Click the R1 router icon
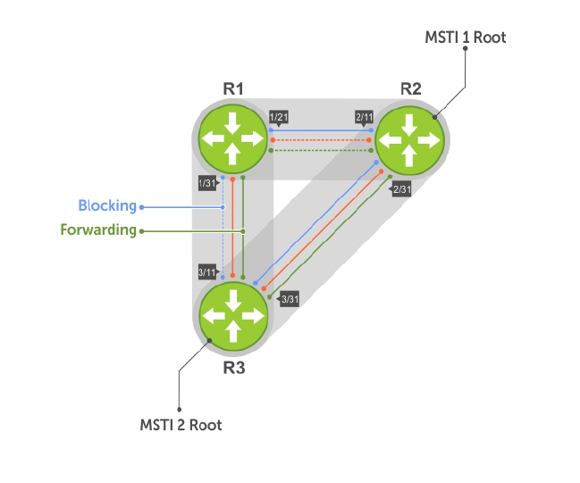tap(233, 138)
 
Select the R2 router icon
tap(409, 139)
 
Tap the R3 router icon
tap(233, 315)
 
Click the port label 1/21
tap(278, 117)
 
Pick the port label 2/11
tap(364, 117)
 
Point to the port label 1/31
tap(206, 183)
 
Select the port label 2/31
tap(401, 188)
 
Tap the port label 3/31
tap(289, 299)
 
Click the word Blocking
tap(107, 206)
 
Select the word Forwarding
tap(98, 229)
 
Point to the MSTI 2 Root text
tap(181, 425)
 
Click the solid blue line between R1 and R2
tap(321, 130)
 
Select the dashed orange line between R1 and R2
tap(321, 140)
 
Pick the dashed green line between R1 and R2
tap(321, 150)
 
